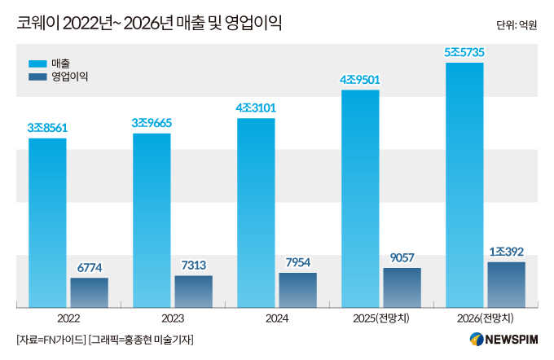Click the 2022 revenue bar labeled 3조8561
point(47,222)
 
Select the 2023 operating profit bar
point(193,291)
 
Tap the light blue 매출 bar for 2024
point(256,213)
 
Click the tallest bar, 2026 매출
point(464,184)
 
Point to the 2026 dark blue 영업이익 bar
point(506,284)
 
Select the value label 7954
point(297,262)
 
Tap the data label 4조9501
point(360,79)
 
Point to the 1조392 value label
point(506,251)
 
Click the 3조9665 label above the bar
point(152,123)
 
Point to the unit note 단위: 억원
point(517,25)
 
